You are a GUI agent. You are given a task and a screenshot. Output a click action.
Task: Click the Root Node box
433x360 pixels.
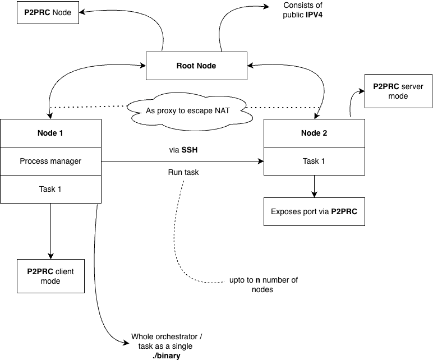coord(196,66)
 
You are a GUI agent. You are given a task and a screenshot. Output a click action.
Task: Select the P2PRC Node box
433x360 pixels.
coord(48,12)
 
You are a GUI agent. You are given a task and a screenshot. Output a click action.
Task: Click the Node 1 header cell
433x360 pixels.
coord(50,133)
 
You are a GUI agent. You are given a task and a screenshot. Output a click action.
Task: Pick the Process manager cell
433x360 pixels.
coord(50,161)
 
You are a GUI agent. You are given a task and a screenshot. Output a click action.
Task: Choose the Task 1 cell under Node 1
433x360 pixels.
coord(50,189)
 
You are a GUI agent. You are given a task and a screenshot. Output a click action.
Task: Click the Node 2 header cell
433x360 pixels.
coord(314,133)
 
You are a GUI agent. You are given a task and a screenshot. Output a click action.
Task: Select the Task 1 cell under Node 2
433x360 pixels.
coord(314,161)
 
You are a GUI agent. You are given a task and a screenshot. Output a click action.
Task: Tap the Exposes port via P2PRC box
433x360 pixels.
coord(314,211)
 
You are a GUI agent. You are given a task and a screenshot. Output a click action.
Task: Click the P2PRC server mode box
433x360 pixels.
coord(398,91)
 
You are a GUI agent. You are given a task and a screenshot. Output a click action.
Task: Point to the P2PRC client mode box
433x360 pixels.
coord(50,276)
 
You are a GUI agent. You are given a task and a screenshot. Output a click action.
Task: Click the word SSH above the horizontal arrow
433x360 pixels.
coord(190,150)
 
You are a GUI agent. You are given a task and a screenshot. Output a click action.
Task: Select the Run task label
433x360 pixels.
coord(183,172)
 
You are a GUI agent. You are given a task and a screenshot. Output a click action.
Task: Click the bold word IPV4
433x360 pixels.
coord(314,15)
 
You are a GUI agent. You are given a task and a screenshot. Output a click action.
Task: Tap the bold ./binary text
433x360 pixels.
coord(166,356)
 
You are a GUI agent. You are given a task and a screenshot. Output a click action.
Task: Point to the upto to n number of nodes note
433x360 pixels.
coord(264,285)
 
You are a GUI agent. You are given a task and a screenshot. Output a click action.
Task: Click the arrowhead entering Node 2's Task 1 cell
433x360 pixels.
coord(261,161)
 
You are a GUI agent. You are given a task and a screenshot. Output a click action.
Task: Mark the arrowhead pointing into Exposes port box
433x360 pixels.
coord(314,195)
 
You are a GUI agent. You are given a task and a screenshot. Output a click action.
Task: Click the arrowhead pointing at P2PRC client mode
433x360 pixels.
coord(50,256)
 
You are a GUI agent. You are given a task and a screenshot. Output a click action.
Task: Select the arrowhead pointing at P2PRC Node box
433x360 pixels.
coord(82,12)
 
